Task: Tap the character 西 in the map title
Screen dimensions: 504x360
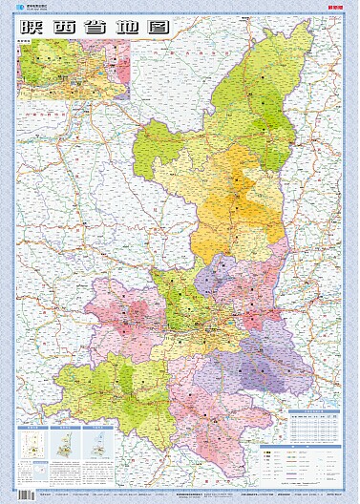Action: click(67, 28)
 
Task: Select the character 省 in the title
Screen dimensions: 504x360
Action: click(97, 28)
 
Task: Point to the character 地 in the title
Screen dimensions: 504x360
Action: click(128, 28)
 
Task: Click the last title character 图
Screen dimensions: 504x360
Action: click(158, 28)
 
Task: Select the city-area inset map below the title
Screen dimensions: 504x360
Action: click(73, 70)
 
